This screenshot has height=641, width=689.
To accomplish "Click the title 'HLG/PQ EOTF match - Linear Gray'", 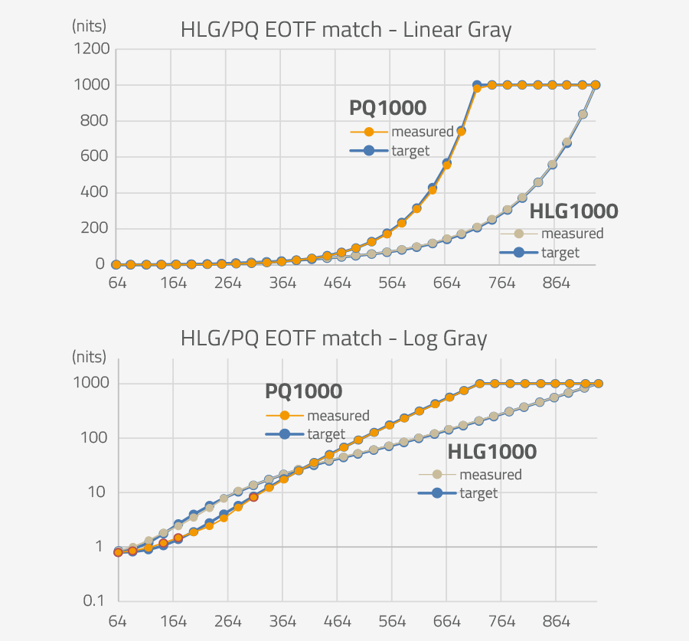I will (x=346, y=31).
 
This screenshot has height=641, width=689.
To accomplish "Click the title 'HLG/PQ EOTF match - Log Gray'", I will (x=334, y=338).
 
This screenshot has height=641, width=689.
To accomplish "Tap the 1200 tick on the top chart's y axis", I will (x=91, y=49).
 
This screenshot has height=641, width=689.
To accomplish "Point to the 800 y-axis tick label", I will (x=95, y=121).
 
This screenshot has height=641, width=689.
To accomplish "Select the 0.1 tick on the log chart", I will (x=96, y=600).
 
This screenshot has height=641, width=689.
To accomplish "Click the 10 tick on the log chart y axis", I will (x=99, y=492).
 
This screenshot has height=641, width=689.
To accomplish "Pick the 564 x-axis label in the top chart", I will (x=392, y=283).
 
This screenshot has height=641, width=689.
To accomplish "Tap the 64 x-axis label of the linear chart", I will (x=117, y=283).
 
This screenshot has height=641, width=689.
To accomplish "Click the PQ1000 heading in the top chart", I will (x=387, y=107).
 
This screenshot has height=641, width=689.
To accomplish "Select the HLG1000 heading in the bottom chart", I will (x=491, y=452).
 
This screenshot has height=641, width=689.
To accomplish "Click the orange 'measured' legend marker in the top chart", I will (x=369, y=132).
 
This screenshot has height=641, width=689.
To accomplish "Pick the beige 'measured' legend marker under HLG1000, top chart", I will (x=518, y=234).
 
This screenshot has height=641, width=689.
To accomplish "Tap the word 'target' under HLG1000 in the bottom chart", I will (x=478, y=493).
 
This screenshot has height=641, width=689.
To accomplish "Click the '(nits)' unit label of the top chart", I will (x=89, y=25).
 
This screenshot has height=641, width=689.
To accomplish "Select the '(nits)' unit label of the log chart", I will (x=90, y=356).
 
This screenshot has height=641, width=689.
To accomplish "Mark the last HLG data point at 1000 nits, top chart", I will (x=596, y=85).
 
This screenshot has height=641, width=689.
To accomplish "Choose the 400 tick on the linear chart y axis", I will (x=95, y=192).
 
